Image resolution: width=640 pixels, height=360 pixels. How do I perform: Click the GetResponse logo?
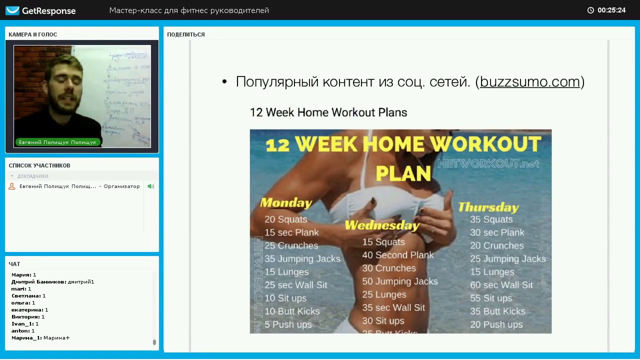click(x=40, y=10)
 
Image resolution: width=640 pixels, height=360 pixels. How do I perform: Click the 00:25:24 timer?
click(x=610, y=10)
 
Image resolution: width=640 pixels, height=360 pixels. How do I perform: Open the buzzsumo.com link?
click(x=529, y=82)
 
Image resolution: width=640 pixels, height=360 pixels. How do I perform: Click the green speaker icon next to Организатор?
click(x=150, y=186)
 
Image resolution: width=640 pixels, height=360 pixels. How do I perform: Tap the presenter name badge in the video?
click(x=57, y=142)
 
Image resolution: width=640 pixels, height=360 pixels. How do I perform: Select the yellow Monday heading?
click(x=286, y=202)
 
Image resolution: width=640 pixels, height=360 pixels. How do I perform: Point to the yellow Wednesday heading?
click(x=382, y=225)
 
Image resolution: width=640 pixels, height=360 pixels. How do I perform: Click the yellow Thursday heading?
click(x=488, y=207)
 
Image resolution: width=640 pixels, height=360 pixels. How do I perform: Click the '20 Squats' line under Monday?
click(x=285, y=219)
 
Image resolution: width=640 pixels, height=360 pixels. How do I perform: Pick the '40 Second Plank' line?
click(x=398, y=255)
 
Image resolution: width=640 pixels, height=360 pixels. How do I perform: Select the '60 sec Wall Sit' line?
click(x=501, y=285)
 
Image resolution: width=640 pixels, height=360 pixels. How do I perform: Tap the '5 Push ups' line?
click(x=288, y=324)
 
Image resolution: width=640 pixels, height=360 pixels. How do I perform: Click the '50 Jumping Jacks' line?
click(x=400, y=281)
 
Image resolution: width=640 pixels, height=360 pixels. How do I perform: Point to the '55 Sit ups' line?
click(x=490, y=298)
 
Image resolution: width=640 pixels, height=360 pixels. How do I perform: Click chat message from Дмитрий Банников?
click(x=52, y=282)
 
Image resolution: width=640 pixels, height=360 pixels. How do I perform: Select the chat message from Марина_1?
click(x=40, y=338)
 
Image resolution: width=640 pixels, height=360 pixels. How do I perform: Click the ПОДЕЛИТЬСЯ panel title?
click(x=186, y=34)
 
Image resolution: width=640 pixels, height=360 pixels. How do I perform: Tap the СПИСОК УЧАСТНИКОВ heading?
click(x=39, y=165)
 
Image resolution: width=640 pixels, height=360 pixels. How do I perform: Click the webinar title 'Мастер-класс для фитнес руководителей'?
click(x=189, y=10)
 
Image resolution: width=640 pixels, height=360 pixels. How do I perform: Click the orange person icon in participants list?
click(x=12, y=186)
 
